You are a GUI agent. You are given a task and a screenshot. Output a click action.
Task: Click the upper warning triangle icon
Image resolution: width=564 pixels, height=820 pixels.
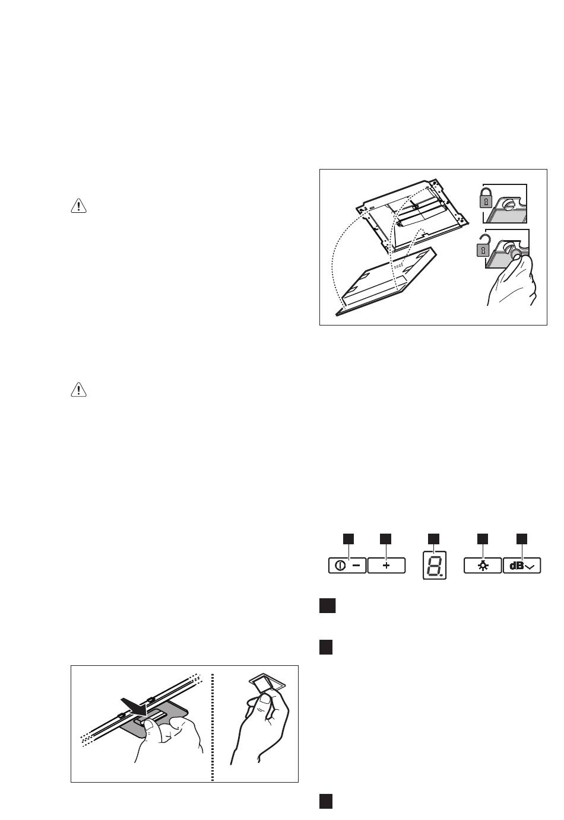[x=78, y=206]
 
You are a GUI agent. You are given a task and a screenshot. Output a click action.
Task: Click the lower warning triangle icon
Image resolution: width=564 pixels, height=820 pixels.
[x=78, y=390]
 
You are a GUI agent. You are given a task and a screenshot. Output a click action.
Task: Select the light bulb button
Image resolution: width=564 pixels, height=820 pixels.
[x=482, y=566]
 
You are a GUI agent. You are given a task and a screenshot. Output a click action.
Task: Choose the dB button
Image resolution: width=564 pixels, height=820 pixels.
[x=522, y=566]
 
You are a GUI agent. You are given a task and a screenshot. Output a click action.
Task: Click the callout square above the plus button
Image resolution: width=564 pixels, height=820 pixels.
[x=386, y=538]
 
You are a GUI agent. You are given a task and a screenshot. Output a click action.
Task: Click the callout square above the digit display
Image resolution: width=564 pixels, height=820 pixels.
[x=434, y=538]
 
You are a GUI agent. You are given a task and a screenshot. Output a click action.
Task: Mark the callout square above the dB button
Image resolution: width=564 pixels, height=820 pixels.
[x=522, y=538]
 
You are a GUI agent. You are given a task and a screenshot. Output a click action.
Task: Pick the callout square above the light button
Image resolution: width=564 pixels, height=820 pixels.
[x=482, y=538]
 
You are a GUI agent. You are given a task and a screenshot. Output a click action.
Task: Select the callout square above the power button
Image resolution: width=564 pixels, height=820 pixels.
[x=348, y=538]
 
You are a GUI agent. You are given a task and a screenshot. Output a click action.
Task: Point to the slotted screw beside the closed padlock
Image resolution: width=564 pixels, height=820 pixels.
[x=509, y=206]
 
